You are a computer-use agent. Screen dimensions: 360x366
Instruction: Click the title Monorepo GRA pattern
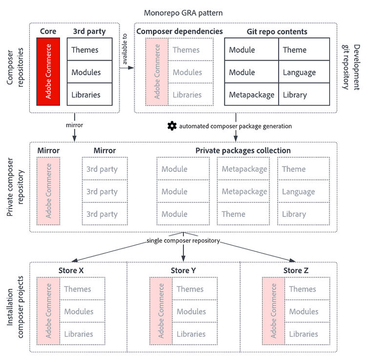pos(183,12)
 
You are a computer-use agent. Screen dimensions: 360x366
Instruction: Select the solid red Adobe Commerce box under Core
pos(48,72)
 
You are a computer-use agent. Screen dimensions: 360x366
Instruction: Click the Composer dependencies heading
pos(180,32)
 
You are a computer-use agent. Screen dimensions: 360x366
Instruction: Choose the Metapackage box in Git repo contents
pos(251,95)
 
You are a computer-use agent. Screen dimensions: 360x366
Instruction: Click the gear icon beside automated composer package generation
pos(172,126)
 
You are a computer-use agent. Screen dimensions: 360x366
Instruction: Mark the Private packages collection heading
pos(243,150)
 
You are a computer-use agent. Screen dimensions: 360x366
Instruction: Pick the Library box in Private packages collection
pos(299,214)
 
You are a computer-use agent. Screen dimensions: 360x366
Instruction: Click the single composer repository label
pos(183,241)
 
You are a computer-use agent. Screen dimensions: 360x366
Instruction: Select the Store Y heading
pos(183,270)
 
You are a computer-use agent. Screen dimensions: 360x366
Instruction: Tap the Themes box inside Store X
pos(82,289)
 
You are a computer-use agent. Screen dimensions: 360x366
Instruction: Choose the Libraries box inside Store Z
pos(307,334)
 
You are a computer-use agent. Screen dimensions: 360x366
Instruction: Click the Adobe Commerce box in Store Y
pos(161,311)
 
